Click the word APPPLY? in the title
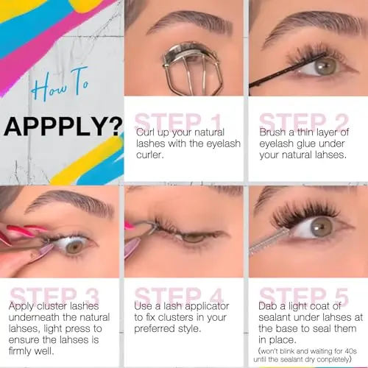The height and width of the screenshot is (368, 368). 63,127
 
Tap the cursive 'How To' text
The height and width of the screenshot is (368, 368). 60,84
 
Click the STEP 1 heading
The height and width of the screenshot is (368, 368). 179,121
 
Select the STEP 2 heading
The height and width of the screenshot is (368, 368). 304,121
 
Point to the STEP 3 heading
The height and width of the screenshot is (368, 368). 54,295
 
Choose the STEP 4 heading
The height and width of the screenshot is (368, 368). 179,295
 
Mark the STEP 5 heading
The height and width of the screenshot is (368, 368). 304,295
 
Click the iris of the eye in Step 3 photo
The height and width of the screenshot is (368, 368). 75,247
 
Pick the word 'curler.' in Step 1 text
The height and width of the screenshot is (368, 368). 150,155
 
